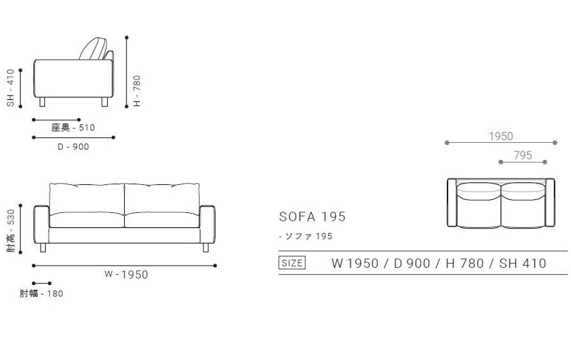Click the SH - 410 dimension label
click(x=11, y=88)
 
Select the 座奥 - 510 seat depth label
click(x=74, y=128)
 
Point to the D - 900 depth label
click(x=72, y=146)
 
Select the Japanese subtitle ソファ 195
click(x=306, y=236)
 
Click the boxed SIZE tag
click(x=291, y=263)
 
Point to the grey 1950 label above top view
click(x=500, y=136)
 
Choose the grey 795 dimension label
click(x=523, y=155)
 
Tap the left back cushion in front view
click(x=86, y=198)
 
